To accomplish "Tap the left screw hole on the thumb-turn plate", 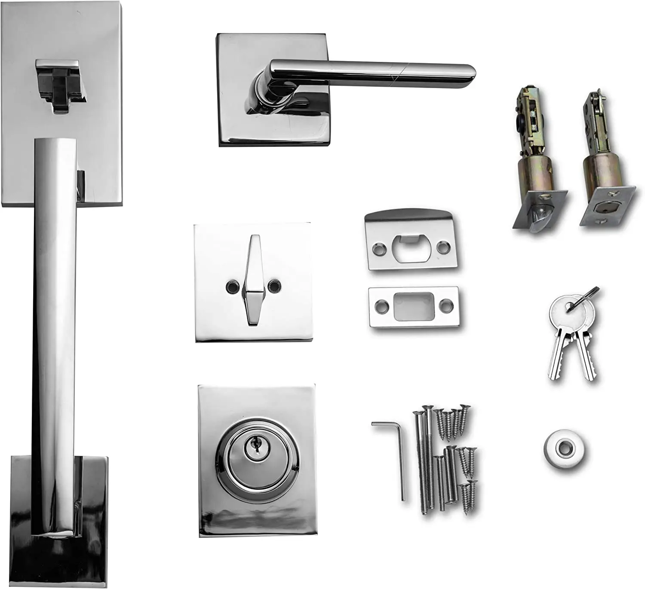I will tap(232, 286).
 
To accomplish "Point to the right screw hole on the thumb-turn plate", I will tap(273, 286).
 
